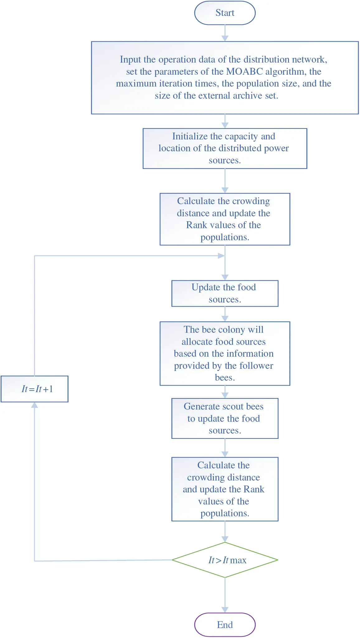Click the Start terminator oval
click(x=225, y=13)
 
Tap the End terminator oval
click(x=225, y=625)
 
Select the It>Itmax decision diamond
click(x=225, y=560)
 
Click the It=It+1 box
click(x=35, y=389)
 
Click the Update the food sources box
click(x=225, y=293)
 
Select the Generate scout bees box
click(x=225, y=418)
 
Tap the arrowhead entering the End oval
click(x=225, y=610)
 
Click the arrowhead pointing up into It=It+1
click(x=35, y=405)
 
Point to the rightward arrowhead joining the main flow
click(x=221, y=256)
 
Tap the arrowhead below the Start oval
click(x=225, y=38)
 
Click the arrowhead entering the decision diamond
click(x=225, y=539)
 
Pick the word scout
click(x=230, y=406)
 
